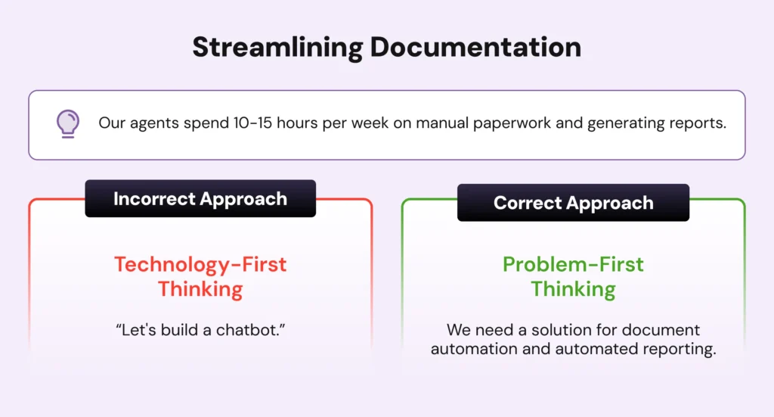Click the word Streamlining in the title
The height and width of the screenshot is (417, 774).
click(278, 48)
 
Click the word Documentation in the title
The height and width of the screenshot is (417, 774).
click(475, 47)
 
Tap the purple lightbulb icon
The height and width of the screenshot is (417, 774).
click(67, 123)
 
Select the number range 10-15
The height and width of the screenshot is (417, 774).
click(252, 123)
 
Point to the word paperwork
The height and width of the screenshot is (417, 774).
click(512, 123)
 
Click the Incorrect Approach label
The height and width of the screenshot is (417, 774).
click(200, 198)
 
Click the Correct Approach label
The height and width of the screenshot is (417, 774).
click(573, 203)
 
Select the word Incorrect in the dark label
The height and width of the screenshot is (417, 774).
click(154, 198)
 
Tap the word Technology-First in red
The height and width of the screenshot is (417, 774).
click(200, 264)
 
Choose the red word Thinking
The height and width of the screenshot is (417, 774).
click(200, 289)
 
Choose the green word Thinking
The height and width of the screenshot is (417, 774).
click(573, 289)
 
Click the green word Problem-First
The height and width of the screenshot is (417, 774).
click(573, 264)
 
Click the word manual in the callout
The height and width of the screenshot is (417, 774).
click(441, 123)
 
